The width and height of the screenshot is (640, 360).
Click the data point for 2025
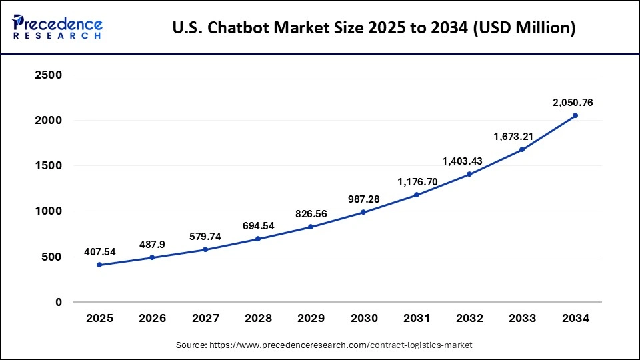(99, 265)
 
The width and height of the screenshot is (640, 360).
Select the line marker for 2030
(364, 212)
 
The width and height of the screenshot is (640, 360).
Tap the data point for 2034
(575, 115)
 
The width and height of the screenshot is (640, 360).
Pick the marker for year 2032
(469, 174)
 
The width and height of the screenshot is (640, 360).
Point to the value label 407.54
(99, 252)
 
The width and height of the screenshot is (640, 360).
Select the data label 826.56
(311, 214)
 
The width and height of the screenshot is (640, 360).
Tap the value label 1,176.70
(417, 181)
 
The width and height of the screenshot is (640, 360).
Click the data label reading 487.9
(152, 245)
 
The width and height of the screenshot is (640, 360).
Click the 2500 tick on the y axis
(48, 75)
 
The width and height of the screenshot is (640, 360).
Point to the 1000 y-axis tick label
(48, 211)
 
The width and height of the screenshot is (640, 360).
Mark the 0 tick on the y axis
(58, 302)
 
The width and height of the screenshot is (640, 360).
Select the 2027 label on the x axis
(205, 319)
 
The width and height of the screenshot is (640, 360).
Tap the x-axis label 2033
(522, 319)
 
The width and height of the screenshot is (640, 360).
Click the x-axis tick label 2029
(311, 319)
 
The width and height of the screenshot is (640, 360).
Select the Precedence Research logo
(57, 27)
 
